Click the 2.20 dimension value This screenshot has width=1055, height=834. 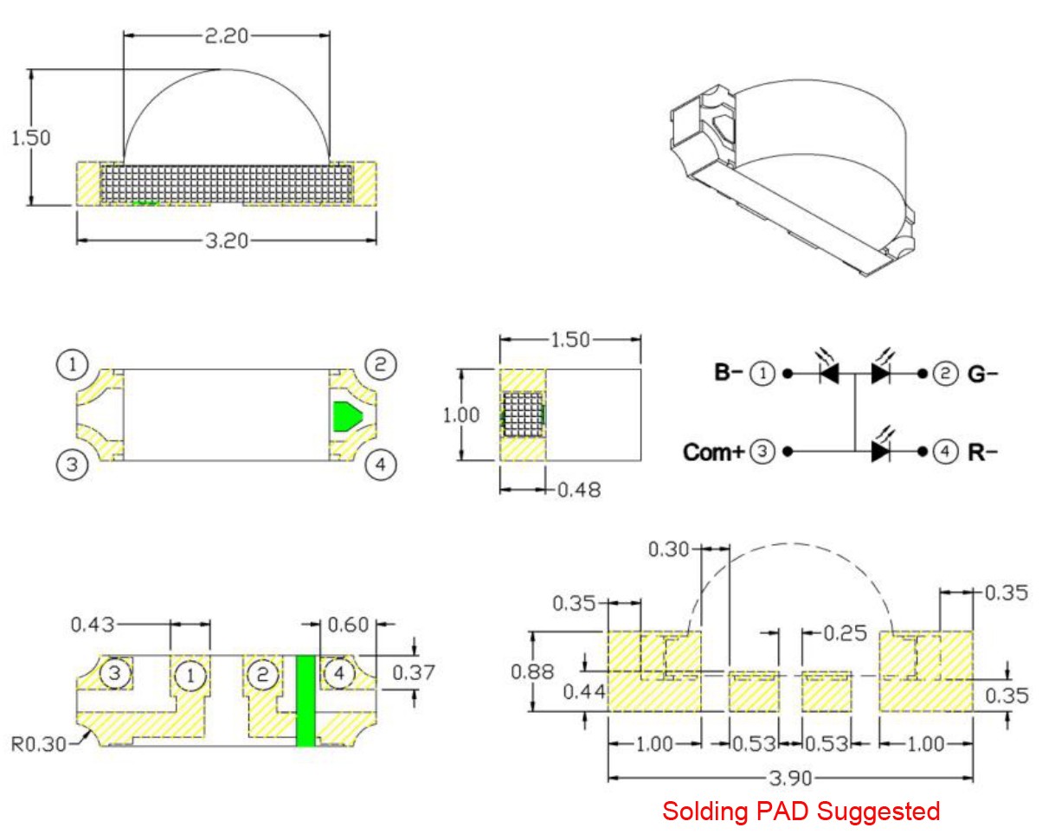point(226,37)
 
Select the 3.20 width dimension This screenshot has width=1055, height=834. point(226,241)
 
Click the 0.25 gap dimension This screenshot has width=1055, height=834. point(844,633)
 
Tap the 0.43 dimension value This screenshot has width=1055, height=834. point(93,623)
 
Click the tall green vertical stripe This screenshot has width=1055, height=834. point(306,701)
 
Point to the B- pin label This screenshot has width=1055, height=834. point(728,374)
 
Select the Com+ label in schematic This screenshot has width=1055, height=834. point(714,452)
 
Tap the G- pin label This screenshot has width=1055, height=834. point(984,374)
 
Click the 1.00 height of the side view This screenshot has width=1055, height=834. point(460,414)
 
